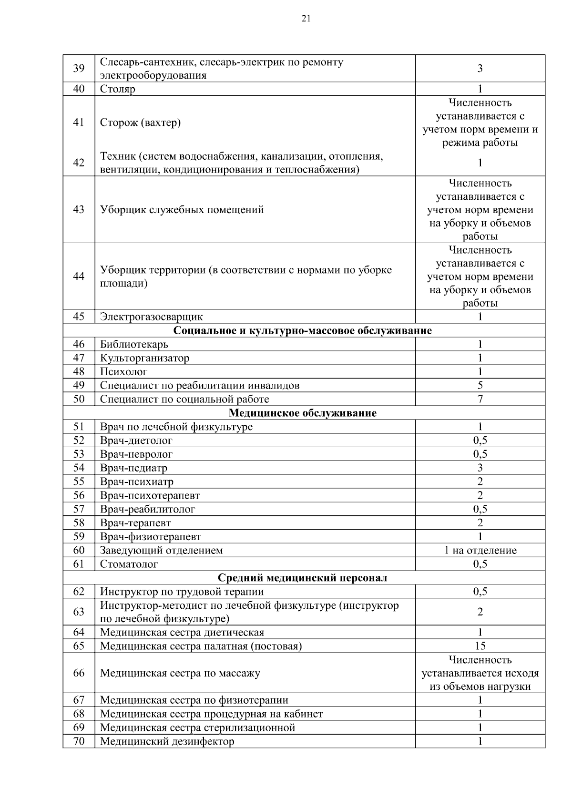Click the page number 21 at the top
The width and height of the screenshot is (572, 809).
(306, 19)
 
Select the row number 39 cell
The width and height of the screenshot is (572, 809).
(79, 68)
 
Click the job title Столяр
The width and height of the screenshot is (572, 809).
(118, 89)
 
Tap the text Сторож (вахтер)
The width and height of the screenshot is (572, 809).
(140, 123)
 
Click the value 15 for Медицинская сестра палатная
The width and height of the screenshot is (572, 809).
(480, 646)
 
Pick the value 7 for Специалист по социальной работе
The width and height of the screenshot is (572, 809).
(480, 399)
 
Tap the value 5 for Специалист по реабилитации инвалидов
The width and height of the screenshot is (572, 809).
(480, 385)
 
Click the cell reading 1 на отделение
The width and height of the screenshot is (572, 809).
(480, 550)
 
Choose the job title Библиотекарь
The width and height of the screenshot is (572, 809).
(134, 344)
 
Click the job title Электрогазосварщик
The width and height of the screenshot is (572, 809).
(151, 317)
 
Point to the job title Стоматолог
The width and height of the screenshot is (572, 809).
(129, 564)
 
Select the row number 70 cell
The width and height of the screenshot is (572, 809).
(79, 741)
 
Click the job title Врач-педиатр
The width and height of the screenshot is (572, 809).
(133, 468)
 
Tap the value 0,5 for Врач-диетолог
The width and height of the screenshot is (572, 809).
(480, 440)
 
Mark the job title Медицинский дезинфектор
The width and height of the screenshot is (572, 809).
(167, 741)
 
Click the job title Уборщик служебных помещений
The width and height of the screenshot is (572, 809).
(182, 210)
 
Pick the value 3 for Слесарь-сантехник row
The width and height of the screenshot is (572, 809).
(480, 68)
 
